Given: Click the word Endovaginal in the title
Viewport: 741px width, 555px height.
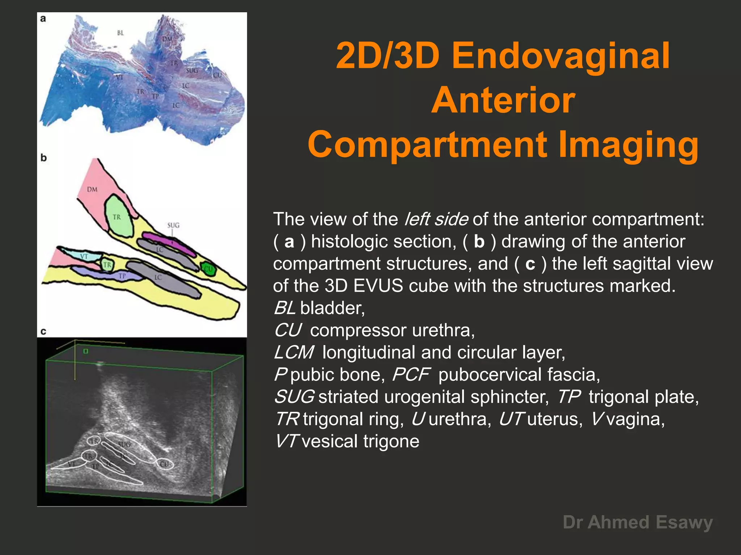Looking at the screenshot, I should pyautogui.click(x=561, y=56).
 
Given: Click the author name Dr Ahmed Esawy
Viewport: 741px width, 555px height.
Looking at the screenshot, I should pyautogui.click(x=638, y=522).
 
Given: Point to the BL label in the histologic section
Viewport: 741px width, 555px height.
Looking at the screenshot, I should pyautogui.click(x=120, y=33).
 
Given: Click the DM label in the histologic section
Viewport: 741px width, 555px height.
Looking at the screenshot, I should pyautogui.click(x=167, y=39).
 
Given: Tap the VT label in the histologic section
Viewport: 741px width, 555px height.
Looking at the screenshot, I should pyautogui.click(x=119, y=77).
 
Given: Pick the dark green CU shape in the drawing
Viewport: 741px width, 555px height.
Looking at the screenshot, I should pyautogui.click(x=208, y=269).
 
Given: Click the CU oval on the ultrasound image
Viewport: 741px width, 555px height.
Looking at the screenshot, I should pyautogui.click(x=165, y=464).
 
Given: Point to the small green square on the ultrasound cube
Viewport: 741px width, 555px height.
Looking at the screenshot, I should pyautogui.click(x=86, y=351).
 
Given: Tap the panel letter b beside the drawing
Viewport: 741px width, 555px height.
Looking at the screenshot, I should pyautogui.click(x=44, y=158).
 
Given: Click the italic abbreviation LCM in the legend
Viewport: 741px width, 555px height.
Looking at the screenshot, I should pyautogui.click(x=293, y=352).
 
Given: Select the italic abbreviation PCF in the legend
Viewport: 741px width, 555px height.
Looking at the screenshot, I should pyautogui.click(x=411, y=375).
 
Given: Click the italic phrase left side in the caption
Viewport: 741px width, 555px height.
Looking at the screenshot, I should pyautogui.click(x=436, y=219).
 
